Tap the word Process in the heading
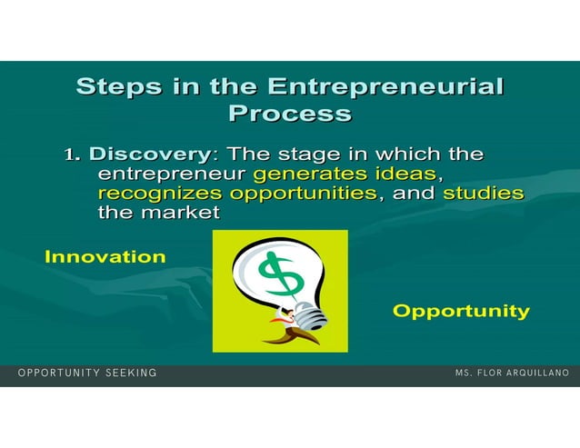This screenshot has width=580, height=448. click(290, 114)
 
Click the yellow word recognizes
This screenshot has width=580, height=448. click(160, 194)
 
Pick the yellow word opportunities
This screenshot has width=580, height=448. click(303, 194)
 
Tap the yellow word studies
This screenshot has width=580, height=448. click(483, 194)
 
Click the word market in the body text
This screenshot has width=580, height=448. click(180, 214)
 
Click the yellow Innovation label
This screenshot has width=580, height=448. click(105, 257)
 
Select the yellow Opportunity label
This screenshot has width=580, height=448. click(461, 312)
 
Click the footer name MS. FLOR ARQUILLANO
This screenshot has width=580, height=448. click(513, 373)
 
